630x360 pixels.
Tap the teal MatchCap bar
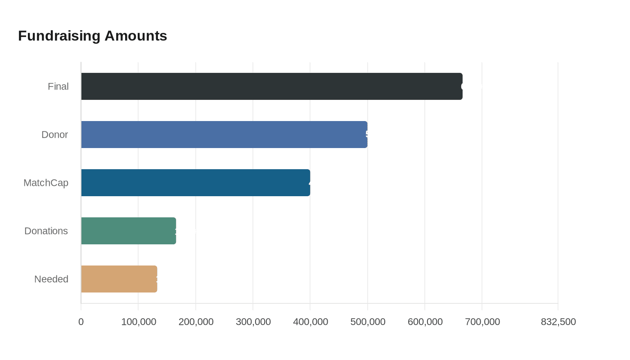click(x=195, y=183)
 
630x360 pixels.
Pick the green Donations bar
click(x=128, y=231)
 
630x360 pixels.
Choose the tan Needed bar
click(x=119, y=279)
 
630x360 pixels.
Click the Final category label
click(x=58, y=86)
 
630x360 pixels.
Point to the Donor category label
click(x=54, y=135)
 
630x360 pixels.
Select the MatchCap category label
click(x=46, y=183)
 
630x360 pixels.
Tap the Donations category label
click(x=46, y=231)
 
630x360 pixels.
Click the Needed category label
click(x=51, y=279)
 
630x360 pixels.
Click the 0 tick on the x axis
click(x=81, y=322)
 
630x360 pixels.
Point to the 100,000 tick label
click(x=139, y=322)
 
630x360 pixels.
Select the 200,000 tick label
click(x=196, y=322)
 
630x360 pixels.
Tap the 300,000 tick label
click(x=253, y=322)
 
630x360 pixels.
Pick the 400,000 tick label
click(x=310, y=322)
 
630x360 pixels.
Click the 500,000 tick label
click(x=368, y=322)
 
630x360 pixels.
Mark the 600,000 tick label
click(x=425, y=322)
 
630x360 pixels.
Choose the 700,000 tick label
click(x=482, y=322)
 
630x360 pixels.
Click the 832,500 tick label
click(x=558, y=322)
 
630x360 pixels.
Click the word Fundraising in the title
click(x=59, y=36)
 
